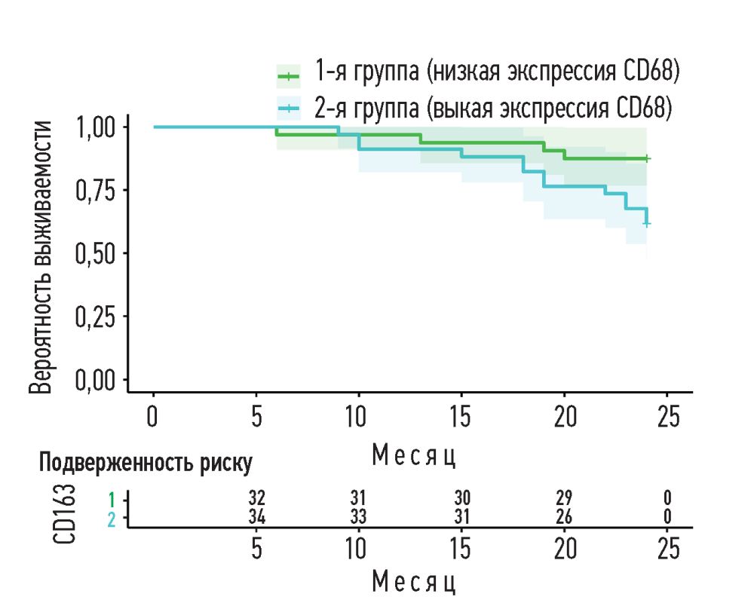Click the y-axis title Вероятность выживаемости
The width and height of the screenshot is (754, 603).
pos(44,256)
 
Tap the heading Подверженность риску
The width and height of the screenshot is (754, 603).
pos(146,463)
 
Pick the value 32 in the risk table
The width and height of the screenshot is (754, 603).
pos(257,498)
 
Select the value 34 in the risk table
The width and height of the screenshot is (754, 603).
pos(257,517)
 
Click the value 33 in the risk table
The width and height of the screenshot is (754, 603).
pos(358,517)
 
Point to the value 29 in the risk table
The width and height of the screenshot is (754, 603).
pos(563,498)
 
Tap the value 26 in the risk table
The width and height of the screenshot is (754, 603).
pos(563,517)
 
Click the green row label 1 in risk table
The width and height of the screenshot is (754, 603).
pos(112,498)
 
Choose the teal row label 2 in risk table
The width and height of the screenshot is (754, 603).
pos(112,519)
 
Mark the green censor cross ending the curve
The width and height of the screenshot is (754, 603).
pos(647,158)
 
